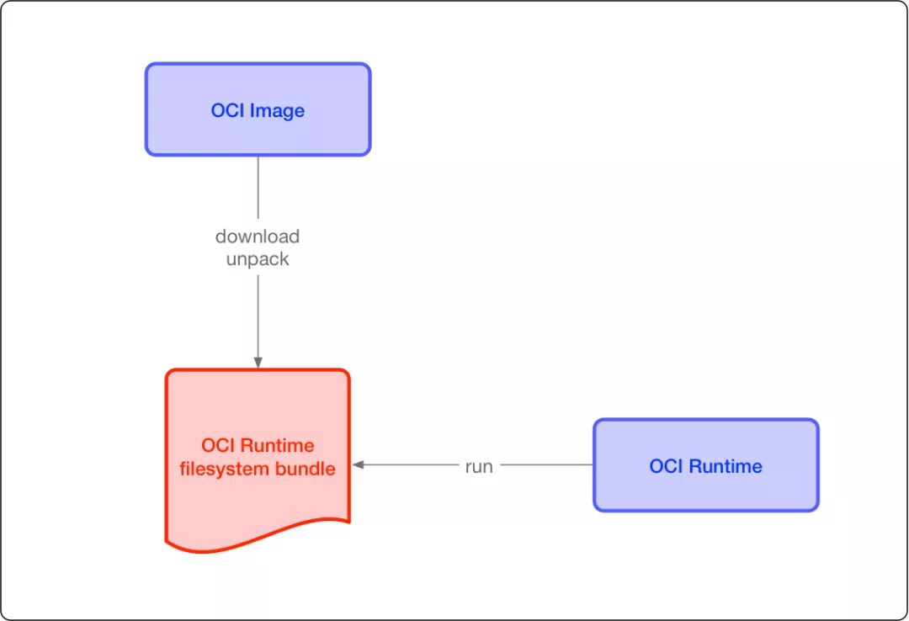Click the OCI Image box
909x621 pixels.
coord(258,109)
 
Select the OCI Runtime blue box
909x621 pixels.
coord(706,465)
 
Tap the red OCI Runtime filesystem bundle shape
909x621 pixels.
coord(258,458)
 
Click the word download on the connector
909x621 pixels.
coord(258,236)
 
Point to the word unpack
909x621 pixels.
coord(258,259)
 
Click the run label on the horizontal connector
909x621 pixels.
coord(479,467)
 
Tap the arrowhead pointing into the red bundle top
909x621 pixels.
coord(258,363)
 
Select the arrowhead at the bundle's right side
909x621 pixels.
coord(359,465)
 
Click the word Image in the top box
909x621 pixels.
coord(277,111)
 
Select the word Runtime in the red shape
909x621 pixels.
coord(277,445)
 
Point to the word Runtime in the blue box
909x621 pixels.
coord(726,466)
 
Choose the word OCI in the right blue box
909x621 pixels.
coord(666,466)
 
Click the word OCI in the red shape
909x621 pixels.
coord(218,445)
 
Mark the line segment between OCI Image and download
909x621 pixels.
coord(258,188)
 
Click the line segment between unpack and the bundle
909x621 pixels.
coord(258,316)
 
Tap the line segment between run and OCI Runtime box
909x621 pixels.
coord(547,465)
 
